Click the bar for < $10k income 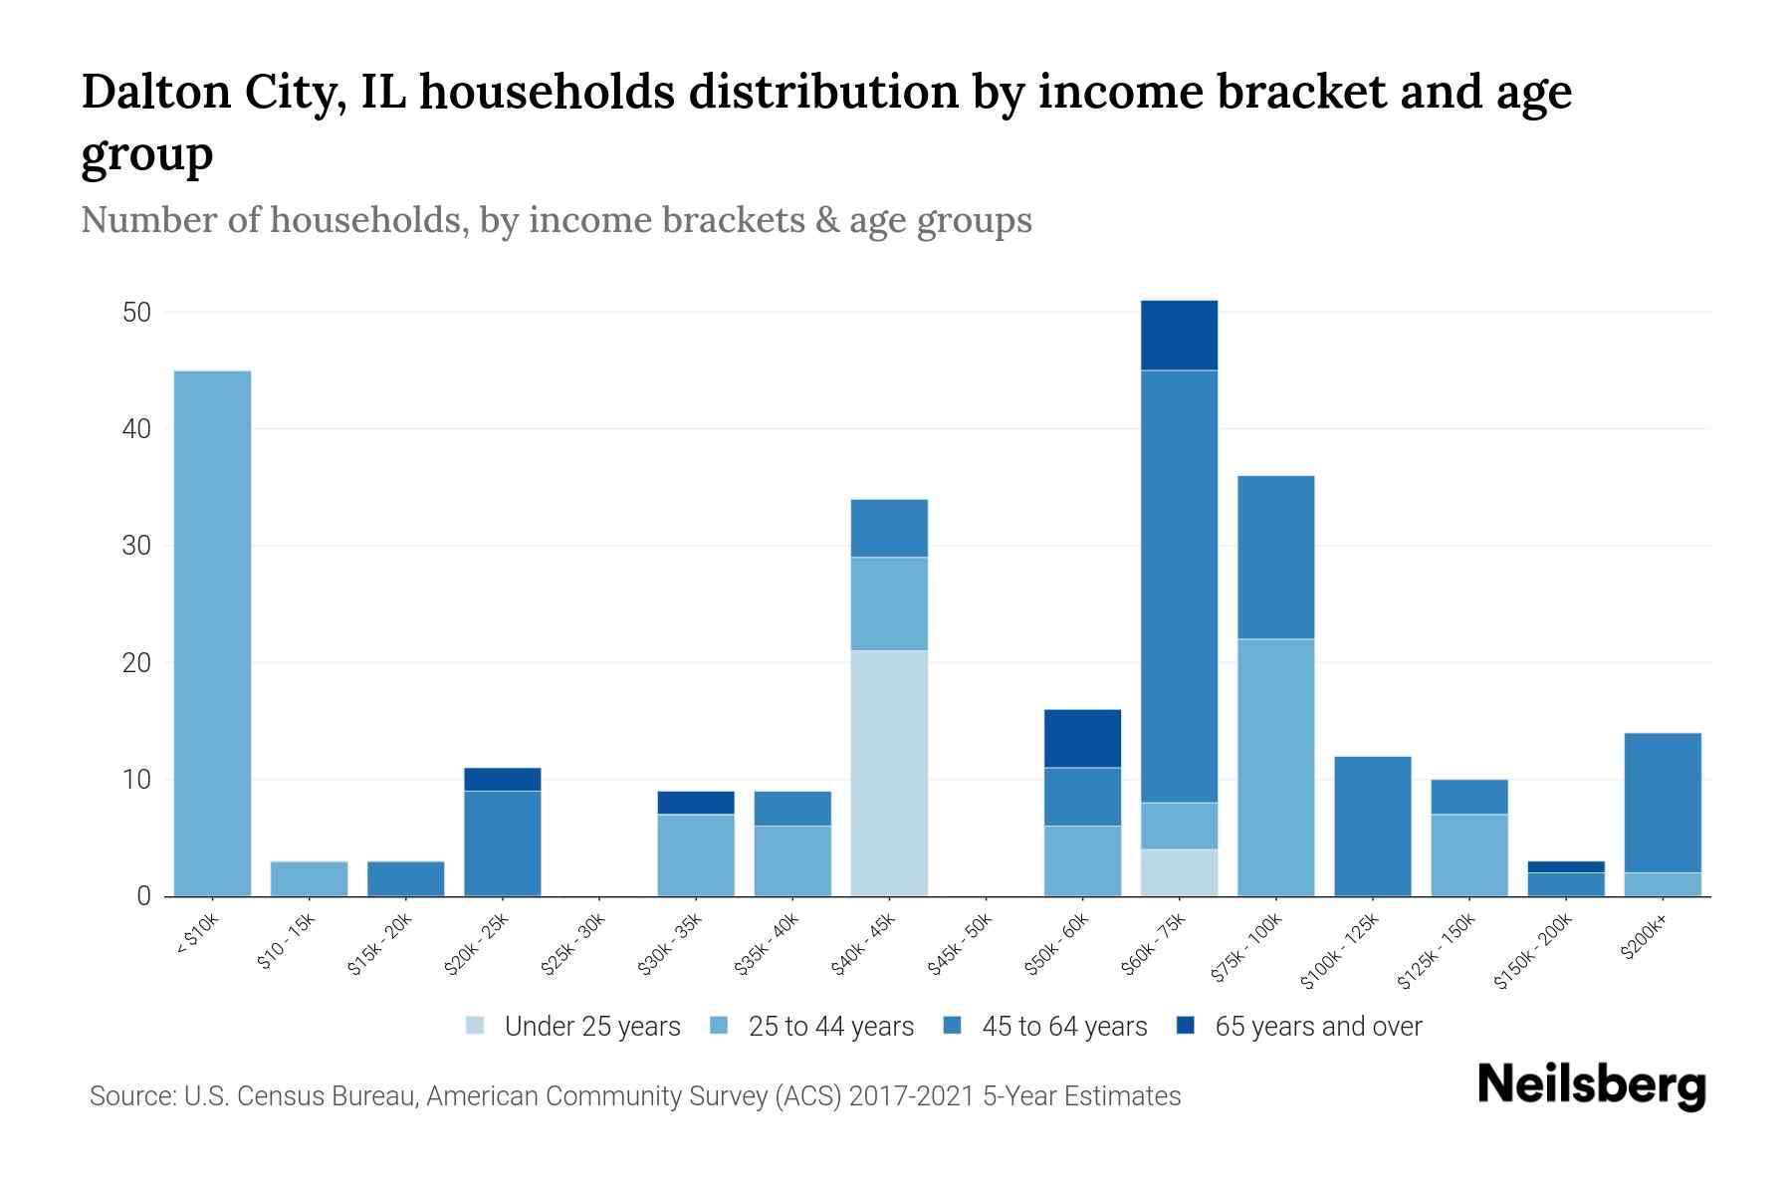click(212, 633)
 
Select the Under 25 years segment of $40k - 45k click(889, 774)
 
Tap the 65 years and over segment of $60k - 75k click(1179, 336)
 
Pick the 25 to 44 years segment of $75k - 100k click(1275, 768)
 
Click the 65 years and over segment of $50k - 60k click(1082, 739)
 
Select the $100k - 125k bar click(1372, 827)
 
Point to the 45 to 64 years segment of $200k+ click(1662, 803)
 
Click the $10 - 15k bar click(309, 879)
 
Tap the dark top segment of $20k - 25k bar click(502, 780)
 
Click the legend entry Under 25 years click(591, 1027)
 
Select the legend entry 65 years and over click(1317, 1027)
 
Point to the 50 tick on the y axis click(136, 313)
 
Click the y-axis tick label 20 click(136, 663)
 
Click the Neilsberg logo click(1591, 1085)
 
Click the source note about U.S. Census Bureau click(634, 1096)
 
